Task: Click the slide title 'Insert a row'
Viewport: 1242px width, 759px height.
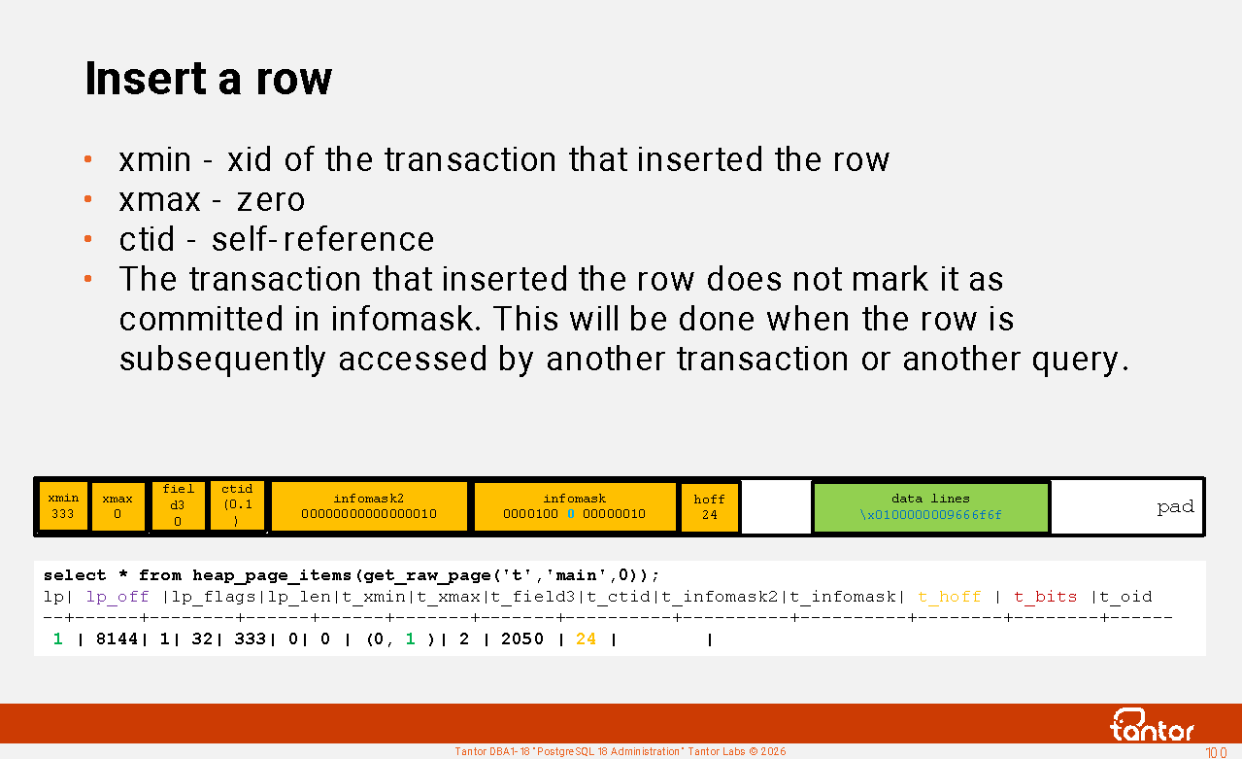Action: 209,78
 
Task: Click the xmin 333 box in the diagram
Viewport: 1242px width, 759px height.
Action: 63,506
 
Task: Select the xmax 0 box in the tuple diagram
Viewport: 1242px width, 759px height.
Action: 117,506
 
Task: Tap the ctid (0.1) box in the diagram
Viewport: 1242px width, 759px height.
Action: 237,506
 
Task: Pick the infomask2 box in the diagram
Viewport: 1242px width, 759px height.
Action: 369,506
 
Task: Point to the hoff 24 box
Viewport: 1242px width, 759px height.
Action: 709,507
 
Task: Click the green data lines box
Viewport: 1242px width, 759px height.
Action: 930,507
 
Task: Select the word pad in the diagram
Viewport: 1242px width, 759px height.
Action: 1175,507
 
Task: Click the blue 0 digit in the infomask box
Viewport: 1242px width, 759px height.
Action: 571,514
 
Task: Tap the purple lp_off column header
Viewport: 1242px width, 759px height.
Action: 117,597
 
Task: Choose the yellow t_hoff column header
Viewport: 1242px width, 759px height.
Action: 950,597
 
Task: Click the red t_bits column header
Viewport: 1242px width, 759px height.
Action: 1045,597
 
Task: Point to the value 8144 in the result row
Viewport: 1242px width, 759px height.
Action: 117,639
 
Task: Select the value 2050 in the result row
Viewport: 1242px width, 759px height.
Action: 522,639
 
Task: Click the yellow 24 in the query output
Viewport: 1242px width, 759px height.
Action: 587,639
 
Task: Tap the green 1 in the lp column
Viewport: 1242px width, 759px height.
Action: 57,639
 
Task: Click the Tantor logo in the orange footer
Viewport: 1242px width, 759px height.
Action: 1152,725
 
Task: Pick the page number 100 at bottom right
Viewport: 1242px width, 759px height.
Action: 1216,752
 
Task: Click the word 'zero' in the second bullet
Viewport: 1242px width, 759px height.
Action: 271,200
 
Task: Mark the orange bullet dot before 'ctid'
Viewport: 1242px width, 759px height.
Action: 87,239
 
